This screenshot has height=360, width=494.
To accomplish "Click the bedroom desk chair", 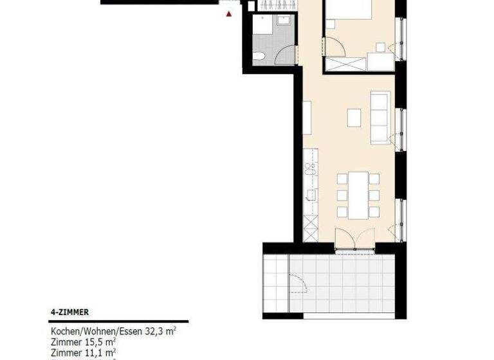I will click(381, 47).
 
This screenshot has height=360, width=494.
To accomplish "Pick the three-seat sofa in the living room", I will click(380, 117).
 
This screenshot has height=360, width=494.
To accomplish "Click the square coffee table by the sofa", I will click(354, 118).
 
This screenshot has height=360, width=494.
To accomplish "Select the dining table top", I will click(358, 194).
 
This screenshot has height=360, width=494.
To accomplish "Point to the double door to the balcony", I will click(354, 239).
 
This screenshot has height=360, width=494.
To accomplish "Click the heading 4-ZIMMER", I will click(69, 312).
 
